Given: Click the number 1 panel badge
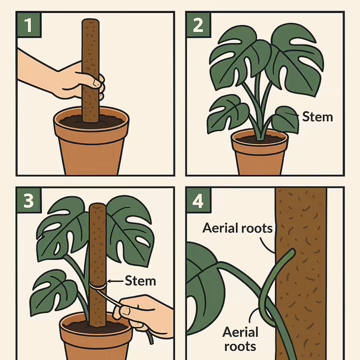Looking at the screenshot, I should tap(29, 25).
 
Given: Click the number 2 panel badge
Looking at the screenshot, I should tap(198, 25).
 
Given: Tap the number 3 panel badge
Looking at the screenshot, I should tap(29, 200).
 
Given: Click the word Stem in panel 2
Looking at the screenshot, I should tap(317, 117).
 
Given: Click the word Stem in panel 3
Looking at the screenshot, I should tap(140, 281).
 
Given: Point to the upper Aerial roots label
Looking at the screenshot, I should tap(237, 228).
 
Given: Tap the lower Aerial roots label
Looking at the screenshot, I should tap(240, 338).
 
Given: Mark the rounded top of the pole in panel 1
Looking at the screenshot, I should tap(90, 22).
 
